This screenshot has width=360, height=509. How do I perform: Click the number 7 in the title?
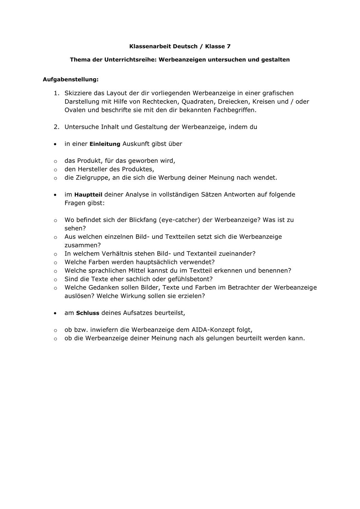tap(228, 46)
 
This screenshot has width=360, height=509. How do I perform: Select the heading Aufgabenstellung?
tap(71, 80)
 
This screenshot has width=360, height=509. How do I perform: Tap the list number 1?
tap(56, 93)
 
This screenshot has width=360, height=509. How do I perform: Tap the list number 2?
tap(56, 127)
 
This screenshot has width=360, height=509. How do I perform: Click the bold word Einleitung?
tap(105, 144)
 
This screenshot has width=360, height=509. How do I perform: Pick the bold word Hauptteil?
tap(88, 195)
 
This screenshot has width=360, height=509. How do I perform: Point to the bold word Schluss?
tap(88, 313)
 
